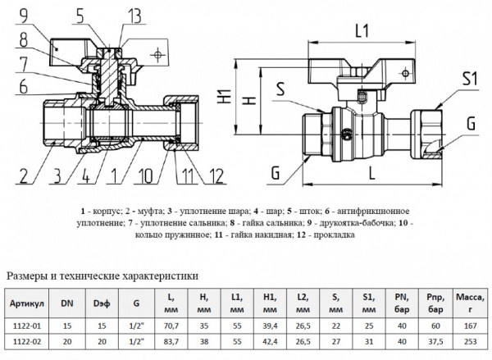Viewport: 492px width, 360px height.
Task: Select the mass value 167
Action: click(x=470, y=326)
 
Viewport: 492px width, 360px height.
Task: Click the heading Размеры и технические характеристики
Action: click(x=102, y=276)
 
